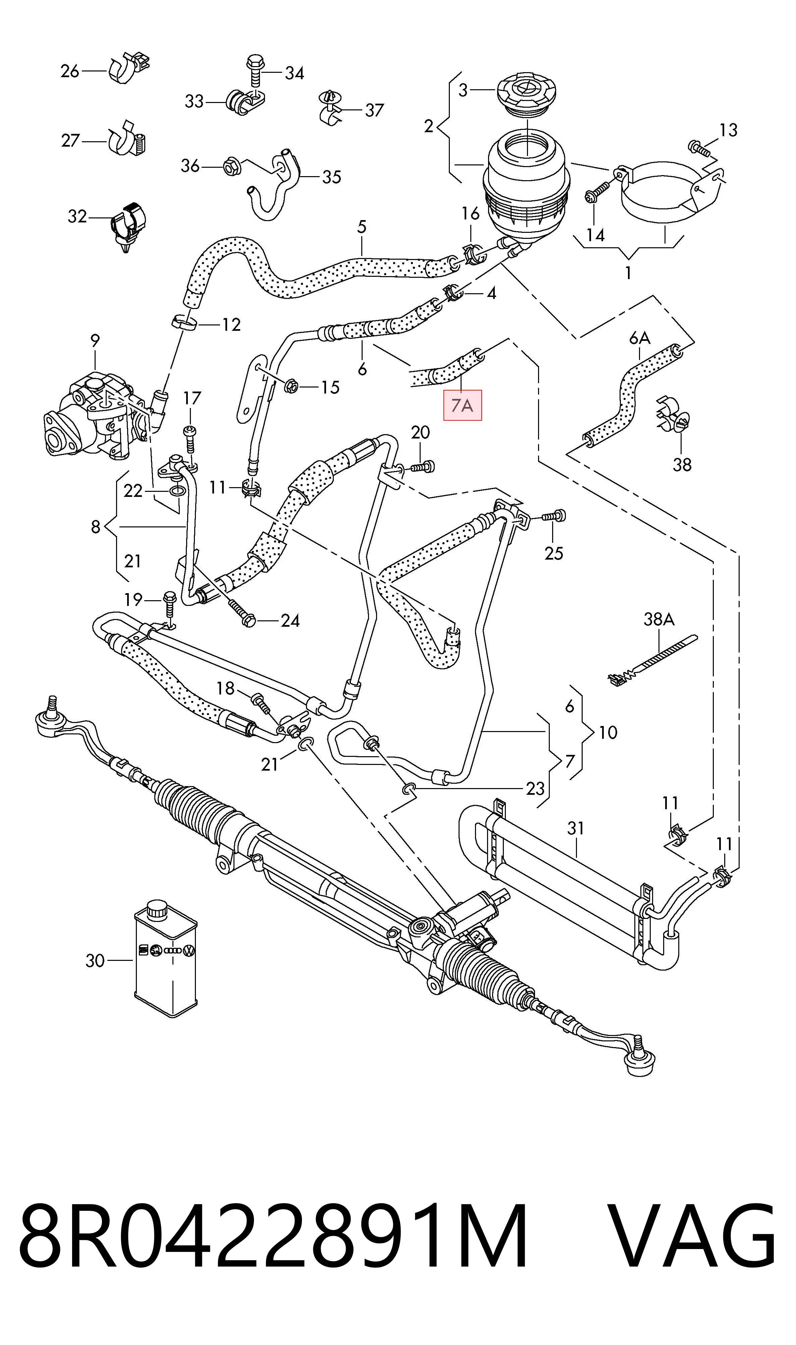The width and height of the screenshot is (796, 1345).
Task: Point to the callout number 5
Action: pyautogui.click(x=362, y=227)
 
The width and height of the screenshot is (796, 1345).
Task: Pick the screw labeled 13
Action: pyautogui.click(x=698, y=149)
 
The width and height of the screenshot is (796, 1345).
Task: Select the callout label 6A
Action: pyautogui.click(x=639, y=338)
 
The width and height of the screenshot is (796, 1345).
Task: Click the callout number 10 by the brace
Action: pyautogui.click(x=608, y=732)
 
